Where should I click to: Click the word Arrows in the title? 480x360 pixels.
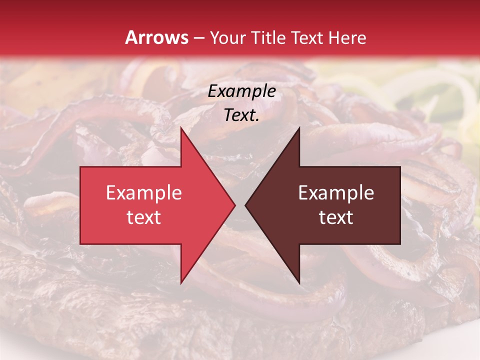(157, 38)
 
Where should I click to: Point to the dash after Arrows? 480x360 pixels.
(199, 38)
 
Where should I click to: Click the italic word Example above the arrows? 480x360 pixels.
(242, 91)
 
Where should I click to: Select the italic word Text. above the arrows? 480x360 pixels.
(242, 115)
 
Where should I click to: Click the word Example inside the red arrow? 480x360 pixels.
(144, 193)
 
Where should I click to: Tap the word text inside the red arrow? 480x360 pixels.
(144, 217)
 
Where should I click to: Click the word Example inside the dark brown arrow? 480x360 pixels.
(336, 193)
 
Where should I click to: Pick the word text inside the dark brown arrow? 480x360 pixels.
(336, 217)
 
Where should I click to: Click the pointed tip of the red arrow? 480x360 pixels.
(234, 205)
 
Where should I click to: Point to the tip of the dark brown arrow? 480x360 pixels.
(245, 205)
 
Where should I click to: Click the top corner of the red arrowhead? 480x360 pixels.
(181, 128)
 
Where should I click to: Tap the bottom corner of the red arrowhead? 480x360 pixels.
(181, 282)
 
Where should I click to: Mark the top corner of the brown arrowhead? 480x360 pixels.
(299, 128)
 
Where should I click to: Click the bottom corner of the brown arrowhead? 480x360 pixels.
(299, 282)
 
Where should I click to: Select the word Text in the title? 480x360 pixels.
(306, 38)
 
